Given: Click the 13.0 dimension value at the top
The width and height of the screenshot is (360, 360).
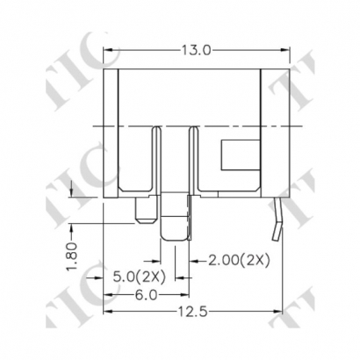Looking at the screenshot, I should (196, 50).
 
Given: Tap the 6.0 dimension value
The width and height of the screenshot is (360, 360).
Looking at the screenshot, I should (147, 295).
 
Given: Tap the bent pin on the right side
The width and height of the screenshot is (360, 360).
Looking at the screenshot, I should (278, 220).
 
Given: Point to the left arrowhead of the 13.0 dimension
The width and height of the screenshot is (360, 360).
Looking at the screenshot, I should (109, 50).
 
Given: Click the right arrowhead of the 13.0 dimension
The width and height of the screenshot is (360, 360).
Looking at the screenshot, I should (286, 50).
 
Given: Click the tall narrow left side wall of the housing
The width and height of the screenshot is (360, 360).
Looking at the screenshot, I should (112, 132).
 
